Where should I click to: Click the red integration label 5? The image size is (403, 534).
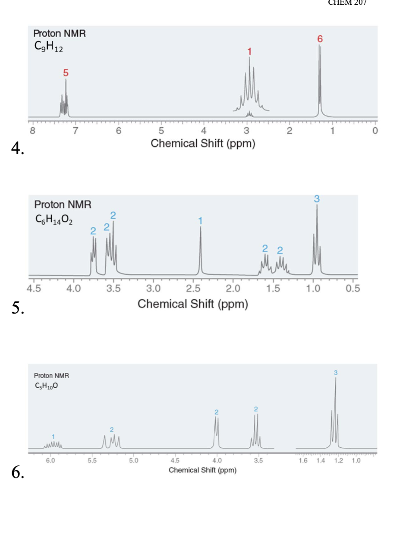66,72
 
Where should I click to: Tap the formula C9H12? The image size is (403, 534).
48,47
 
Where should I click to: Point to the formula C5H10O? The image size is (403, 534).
44,385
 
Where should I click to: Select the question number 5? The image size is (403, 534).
16,308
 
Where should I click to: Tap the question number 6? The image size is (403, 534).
16,473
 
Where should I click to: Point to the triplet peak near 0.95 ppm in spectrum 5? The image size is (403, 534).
317,237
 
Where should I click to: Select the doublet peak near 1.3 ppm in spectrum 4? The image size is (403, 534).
320,78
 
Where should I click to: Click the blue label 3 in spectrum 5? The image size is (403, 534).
317,199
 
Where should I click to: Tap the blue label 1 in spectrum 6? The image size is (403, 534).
53,436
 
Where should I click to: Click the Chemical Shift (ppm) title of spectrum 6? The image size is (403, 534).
202,470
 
